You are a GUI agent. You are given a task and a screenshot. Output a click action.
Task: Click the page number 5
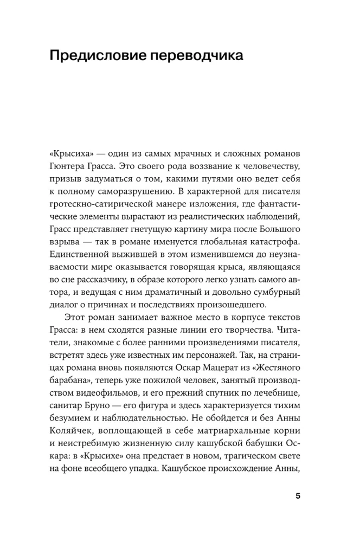coord(298,497)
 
